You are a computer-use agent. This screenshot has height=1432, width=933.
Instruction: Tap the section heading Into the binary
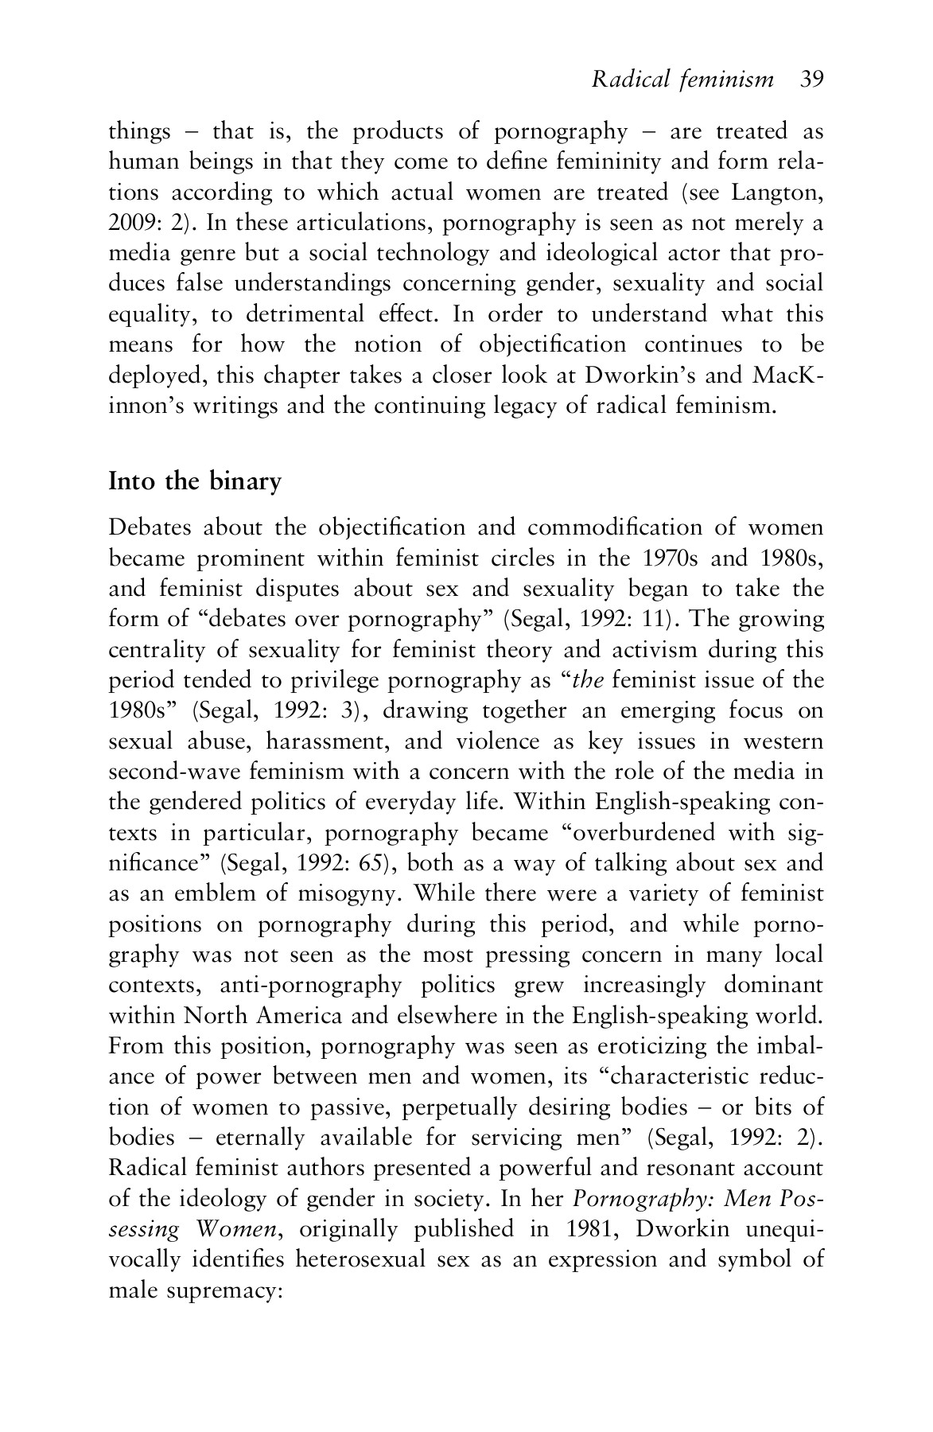pos(195,482)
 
